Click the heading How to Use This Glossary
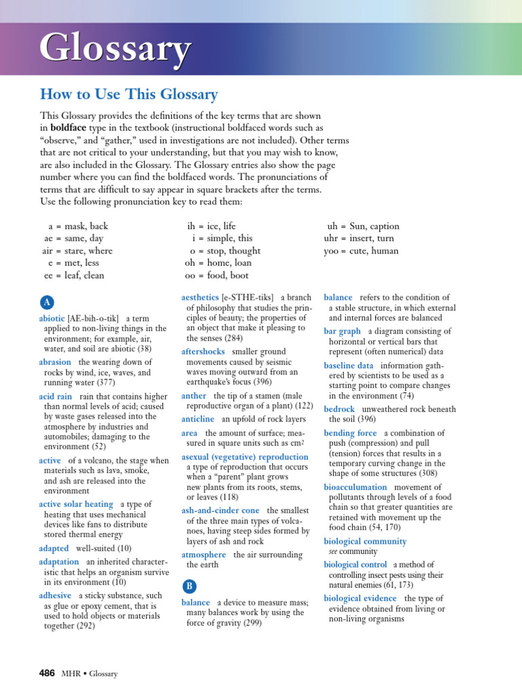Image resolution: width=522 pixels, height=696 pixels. (128, 94)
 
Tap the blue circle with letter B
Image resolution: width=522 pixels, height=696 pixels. (189, 587)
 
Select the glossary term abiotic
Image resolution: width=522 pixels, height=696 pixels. (52, 318)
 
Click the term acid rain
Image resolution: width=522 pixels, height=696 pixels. (56, 396)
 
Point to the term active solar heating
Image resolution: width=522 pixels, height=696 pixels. (76, 504)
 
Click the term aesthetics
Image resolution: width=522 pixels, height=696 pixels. (200, 297)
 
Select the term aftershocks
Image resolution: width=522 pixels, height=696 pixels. (204, 351)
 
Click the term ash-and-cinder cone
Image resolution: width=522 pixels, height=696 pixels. (220, 510)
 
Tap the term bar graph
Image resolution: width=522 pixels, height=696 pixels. (342, 332)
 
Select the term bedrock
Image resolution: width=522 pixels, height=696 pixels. (339, 409)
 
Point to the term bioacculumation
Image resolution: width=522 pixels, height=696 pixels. (355, 487)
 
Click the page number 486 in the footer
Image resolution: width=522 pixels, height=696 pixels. (47, 674)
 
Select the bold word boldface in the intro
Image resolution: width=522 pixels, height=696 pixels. (72, 127)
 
